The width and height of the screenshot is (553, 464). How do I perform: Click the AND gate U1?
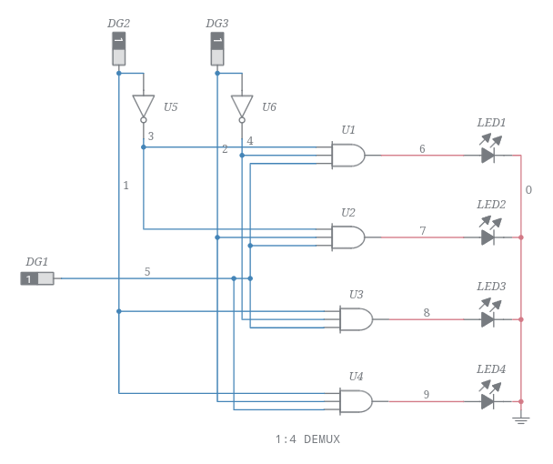(348, 156)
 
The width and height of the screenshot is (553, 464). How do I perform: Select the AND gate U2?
(348, 237)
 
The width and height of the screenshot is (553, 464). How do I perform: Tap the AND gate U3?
(356, 319)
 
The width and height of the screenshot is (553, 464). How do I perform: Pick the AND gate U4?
(356, 401)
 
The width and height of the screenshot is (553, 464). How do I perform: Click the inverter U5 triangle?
(144, 106)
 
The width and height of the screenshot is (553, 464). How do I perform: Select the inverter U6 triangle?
(242, 106)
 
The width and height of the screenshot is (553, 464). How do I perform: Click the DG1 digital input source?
(37, 278)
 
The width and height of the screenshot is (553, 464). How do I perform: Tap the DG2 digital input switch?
(119, 49)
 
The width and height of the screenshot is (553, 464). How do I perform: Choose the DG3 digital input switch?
(217, 49)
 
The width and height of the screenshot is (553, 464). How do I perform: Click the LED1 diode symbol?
(488, 156)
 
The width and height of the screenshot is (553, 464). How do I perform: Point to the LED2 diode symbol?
(488, 237)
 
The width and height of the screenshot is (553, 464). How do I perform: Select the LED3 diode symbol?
(488, 319)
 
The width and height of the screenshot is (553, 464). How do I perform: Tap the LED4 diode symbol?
(488, 401)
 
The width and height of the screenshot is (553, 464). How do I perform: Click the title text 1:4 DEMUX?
(307, 439)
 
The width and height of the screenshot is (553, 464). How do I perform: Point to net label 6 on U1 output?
(422, 148)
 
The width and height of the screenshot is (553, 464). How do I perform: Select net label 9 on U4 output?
(426, 394)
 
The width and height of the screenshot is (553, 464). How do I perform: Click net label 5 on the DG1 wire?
(147, 271)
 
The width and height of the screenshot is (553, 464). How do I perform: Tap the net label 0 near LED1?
(528, 190)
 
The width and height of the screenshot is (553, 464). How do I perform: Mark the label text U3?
(356, 295)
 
